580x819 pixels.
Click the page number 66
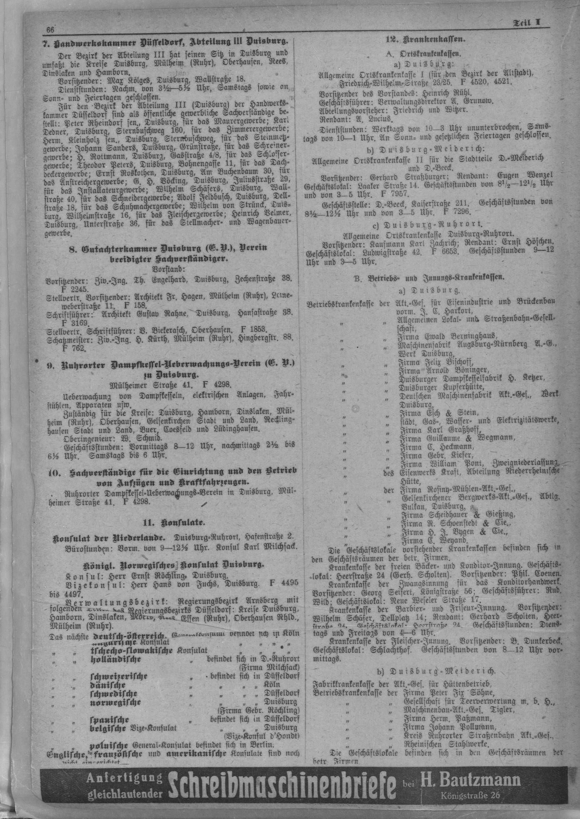49,29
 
